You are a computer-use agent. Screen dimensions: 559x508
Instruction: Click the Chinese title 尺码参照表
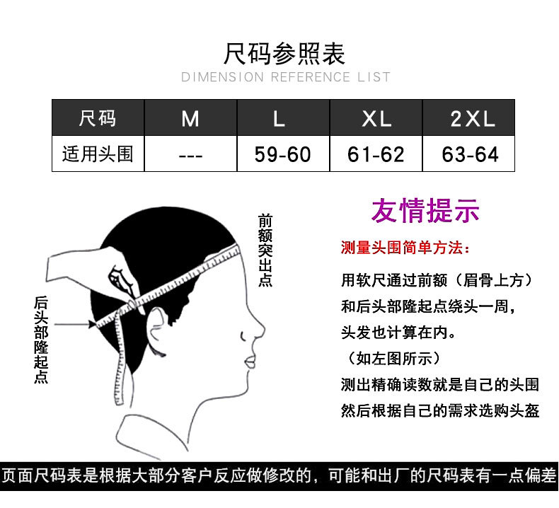coord(284,53)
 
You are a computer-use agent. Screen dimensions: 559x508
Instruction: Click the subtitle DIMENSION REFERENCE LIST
coord(286,76)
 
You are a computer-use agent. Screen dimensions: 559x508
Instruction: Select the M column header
coord(190,118)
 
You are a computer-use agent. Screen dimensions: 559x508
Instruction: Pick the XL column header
coord(376,118)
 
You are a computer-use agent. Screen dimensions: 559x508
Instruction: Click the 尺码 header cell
coord(98,118)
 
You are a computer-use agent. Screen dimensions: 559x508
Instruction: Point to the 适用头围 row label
coord(98,154)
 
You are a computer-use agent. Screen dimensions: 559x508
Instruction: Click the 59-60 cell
coord(283,154)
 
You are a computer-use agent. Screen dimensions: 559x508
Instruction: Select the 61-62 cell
coord(376,154)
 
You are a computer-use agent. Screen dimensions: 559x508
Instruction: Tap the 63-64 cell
coord(470,154)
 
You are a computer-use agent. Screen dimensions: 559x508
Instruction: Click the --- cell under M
coord(190,154)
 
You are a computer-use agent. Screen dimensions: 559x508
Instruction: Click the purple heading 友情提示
coord(425,211)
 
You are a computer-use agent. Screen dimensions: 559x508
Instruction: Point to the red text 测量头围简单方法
coord(403,248)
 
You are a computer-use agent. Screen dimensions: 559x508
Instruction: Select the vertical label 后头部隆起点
coord(41,340)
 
